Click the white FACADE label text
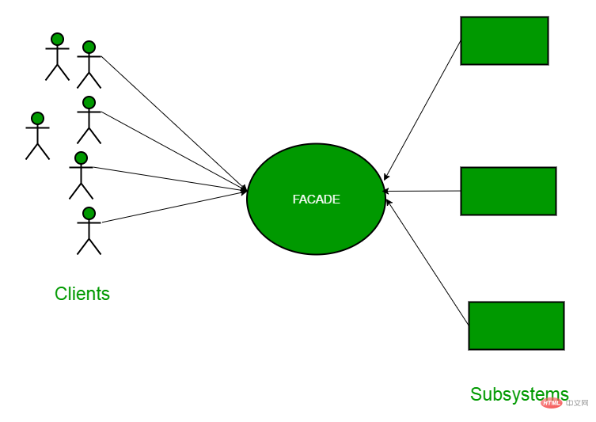pyautogui.click(x=317, y=200)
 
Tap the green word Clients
pyautogui.click(x=82, y=294)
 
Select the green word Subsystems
pyautogui.click(x=519, y=394)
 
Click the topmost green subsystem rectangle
pyautogui.click(x=504, y=40)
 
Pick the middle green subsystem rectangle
pyautogui.click(x=509, y=191)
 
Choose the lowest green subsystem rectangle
pyautogui.click(x=517, y=326)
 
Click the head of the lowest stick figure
pyautogui.click(x=89, y=213)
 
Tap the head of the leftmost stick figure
pyautogui.click(x=38, y=118)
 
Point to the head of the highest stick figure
pyautogui.click(x=58, y=39)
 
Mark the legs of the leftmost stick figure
pyautogui.click(x=38, y=151)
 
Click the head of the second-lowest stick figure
pyautogui.click(x=81, y=158)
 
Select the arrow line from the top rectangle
pyautogui.click(x=423, y=110)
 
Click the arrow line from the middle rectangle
pyautogui.click(x=422, y=191)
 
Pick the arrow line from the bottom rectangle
pyautogui.click(x=427, y=262)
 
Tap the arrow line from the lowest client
pyautogui.click(x=174, y=207)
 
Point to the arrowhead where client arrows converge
pyautogui.click(x=244, y=190)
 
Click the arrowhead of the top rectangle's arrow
pyautogui.click(x=385, y=177)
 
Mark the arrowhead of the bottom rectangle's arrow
pyautogui.click(x=388, y=202)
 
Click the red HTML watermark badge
pyautogui.click(x=551, y=403)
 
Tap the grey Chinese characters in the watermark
pyautogui.click(x=577, y=403)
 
